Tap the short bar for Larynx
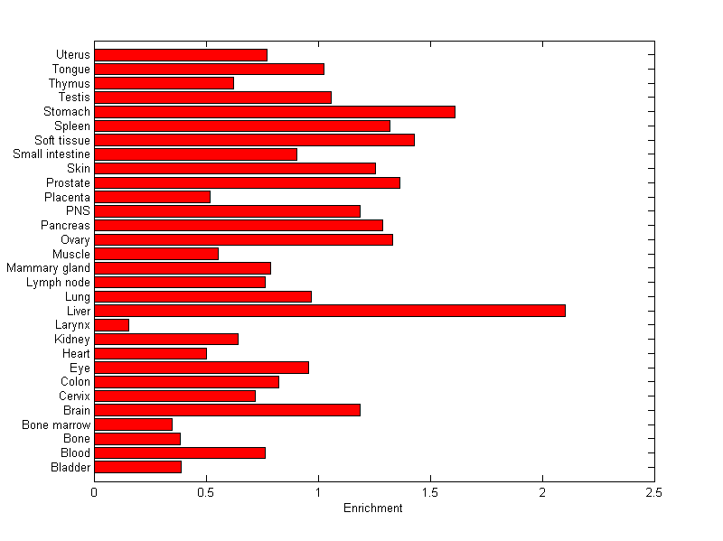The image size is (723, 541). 112,325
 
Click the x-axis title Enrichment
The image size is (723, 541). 373,508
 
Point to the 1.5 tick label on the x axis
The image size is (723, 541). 430,493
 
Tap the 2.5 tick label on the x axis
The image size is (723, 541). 654,493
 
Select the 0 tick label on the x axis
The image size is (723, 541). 94,493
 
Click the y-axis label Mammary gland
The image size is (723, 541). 48,268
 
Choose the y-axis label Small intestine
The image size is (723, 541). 52,154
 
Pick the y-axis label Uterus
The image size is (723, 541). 72,55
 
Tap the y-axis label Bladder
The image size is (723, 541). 71,467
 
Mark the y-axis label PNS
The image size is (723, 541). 78,211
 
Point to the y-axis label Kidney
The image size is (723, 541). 72,339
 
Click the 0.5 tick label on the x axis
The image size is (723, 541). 206,493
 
